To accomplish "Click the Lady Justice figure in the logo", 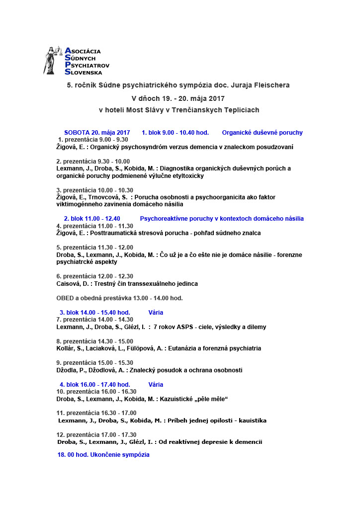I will tap(53, 61).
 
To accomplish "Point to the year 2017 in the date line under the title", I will tap(216, 98).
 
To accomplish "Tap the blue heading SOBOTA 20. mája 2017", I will tap(97, 133).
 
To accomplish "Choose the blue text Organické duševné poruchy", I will tap(262, 133).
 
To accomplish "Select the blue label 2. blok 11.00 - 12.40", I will tap(92, 219).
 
